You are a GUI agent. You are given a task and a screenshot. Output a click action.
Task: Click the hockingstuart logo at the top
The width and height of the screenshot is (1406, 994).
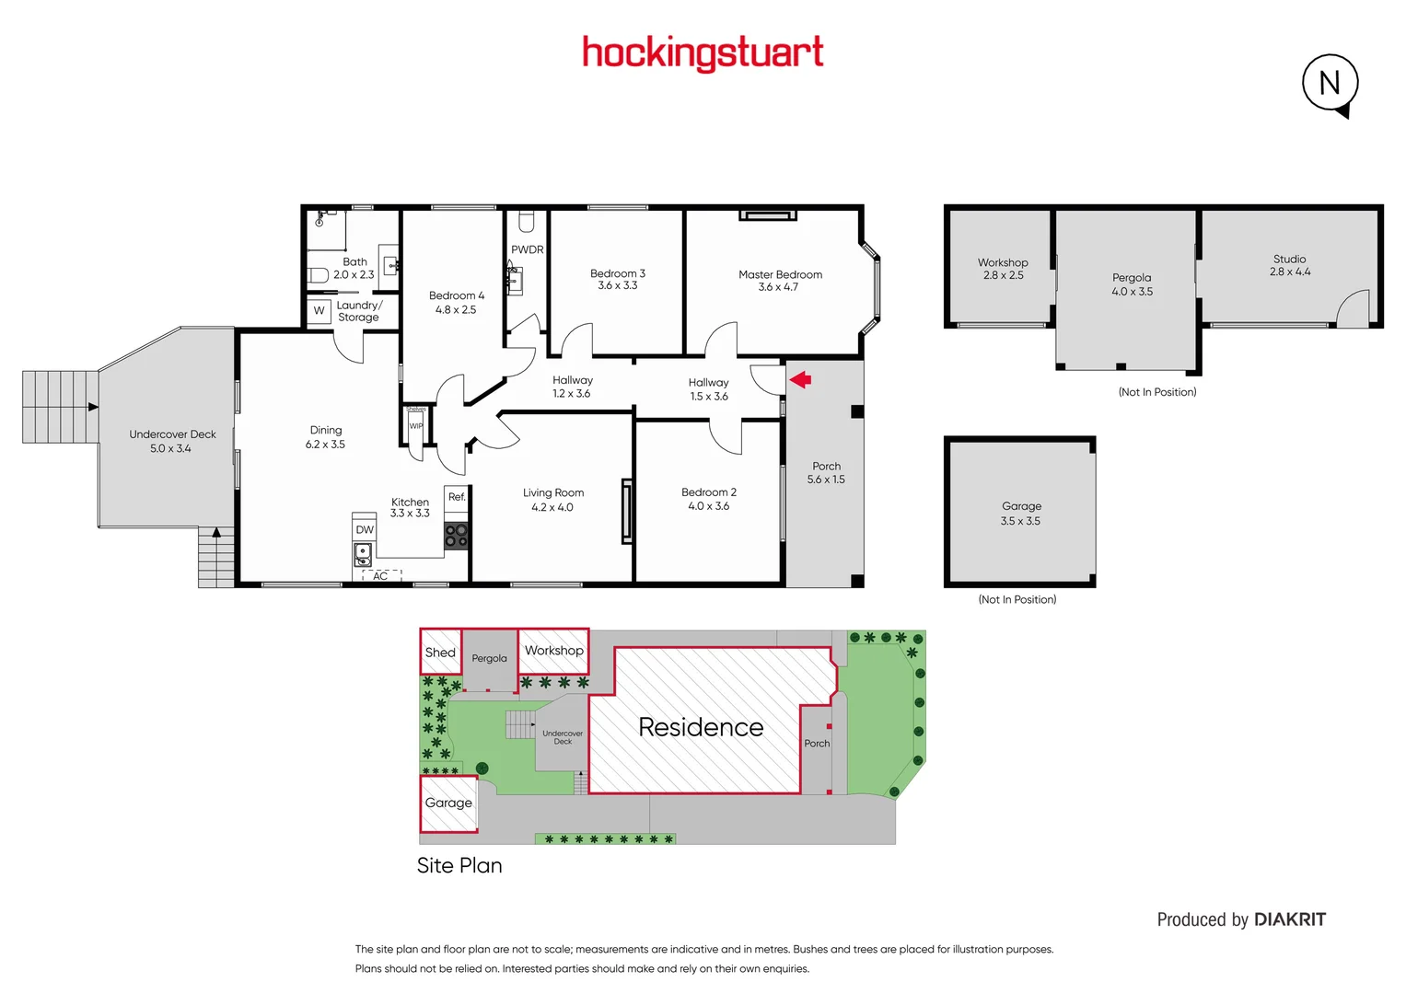pyautogui.click(x=703, y=53)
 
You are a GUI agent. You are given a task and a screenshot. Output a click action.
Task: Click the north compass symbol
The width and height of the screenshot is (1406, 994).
pyautogui.click(x=1330, y=84)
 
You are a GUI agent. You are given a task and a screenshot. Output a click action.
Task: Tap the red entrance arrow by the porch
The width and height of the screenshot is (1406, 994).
pyautogui.click(x=800, y=379)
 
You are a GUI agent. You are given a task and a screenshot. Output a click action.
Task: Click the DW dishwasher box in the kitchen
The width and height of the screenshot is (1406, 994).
pyautogui.click(x=365, y=529)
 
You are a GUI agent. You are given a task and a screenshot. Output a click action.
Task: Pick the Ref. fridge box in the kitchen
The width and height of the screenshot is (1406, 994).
pyautogui.click(x=457, y=497)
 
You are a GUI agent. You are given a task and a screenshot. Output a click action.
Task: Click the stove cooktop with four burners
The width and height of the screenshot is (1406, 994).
pyautogui.click(x=457, y=536)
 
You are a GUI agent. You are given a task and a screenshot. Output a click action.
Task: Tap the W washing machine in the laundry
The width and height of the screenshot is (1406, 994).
pyautogui.click(x=319, y=311)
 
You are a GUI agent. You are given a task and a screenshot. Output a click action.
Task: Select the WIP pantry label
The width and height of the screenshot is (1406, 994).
pyautogui.click(x=416, y=426)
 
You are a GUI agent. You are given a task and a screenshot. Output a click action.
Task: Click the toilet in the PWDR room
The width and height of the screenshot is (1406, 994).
pyautogui.click(x=527, y=222)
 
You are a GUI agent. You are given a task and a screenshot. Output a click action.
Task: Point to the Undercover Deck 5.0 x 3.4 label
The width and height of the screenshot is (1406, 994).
pyautogui.click(x=172, y=441)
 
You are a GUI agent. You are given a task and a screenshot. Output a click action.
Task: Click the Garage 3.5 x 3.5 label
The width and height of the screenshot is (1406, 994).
pyautogui.click(x=1021, y=514)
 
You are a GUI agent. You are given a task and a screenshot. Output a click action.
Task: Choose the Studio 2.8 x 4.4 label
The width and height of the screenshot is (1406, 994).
pyautogui.click(x=1289, y=265)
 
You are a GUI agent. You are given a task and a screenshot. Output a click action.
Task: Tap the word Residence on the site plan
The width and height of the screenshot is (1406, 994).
pyautogui.click(x=701, y=727)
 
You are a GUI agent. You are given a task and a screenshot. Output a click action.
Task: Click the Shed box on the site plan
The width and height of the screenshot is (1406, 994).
pyautogui.click(x=440, y=653)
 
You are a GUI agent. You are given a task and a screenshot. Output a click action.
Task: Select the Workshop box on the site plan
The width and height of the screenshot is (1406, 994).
pyautogui.click(x=553, y=651)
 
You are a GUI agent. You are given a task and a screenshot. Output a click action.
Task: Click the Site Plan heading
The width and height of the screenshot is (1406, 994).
pyautogui.click(x=459, y=865)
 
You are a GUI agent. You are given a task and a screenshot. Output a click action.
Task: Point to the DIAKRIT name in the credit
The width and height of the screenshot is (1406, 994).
pyautogui.click(x=1290, y=919)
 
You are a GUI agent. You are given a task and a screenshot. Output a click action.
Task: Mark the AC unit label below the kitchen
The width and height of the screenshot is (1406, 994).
pyautogui.click(x=380, y=576)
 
